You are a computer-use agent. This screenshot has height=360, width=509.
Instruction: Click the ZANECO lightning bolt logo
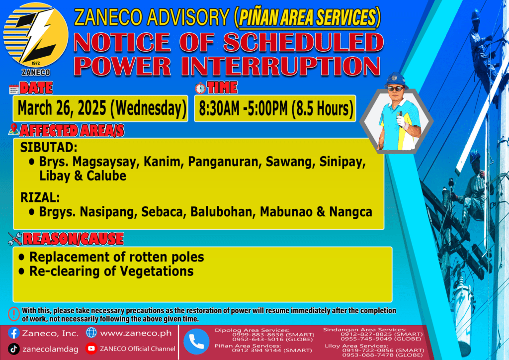[36, 35]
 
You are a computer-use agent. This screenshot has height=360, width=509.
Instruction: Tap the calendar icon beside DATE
[14, 89]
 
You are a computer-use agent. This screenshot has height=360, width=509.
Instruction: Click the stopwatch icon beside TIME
[200, 88]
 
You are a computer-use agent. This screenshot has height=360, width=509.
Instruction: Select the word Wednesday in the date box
[148, 108]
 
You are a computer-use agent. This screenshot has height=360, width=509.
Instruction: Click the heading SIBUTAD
[49, 148]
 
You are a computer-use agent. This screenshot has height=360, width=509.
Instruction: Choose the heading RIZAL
[40, 197]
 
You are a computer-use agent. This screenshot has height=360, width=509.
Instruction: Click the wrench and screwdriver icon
[15, 239]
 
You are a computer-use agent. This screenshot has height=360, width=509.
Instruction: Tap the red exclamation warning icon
[14, 314]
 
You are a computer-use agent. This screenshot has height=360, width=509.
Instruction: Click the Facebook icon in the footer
[13, 333]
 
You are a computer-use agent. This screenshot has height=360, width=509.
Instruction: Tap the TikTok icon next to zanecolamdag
[13, 349]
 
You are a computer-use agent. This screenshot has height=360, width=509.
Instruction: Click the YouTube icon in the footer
[91, 348]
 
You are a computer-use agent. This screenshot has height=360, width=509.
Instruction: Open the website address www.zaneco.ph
[136, 333]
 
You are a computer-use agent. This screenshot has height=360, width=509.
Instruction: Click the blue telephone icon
[196, 342]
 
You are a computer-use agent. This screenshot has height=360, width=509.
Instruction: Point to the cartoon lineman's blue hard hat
[396, 80]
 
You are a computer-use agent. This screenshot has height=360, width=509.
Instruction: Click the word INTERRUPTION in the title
[280, 66]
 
